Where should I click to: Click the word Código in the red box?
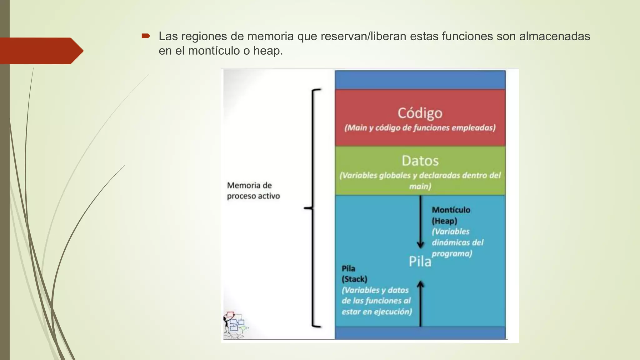(420, 113)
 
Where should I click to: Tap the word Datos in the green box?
(420, 161)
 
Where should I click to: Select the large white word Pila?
(420, 262)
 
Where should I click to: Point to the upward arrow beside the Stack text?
(420, 303)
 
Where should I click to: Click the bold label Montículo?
(451, 210)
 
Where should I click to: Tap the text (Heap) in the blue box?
(444, 221)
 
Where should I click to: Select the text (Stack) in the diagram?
(354, 279)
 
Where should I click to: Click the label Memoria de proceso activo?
(253, 191)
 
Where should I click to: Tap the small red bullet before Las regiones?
(146, 36)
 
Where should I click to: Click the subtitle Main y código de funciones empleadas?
(420, 128)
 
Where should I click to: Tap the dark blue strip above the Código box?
(420, 80)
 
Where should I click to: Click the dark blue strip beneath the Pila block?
(420, 333)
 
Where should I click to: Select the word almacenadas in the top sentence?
(554, 36)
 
